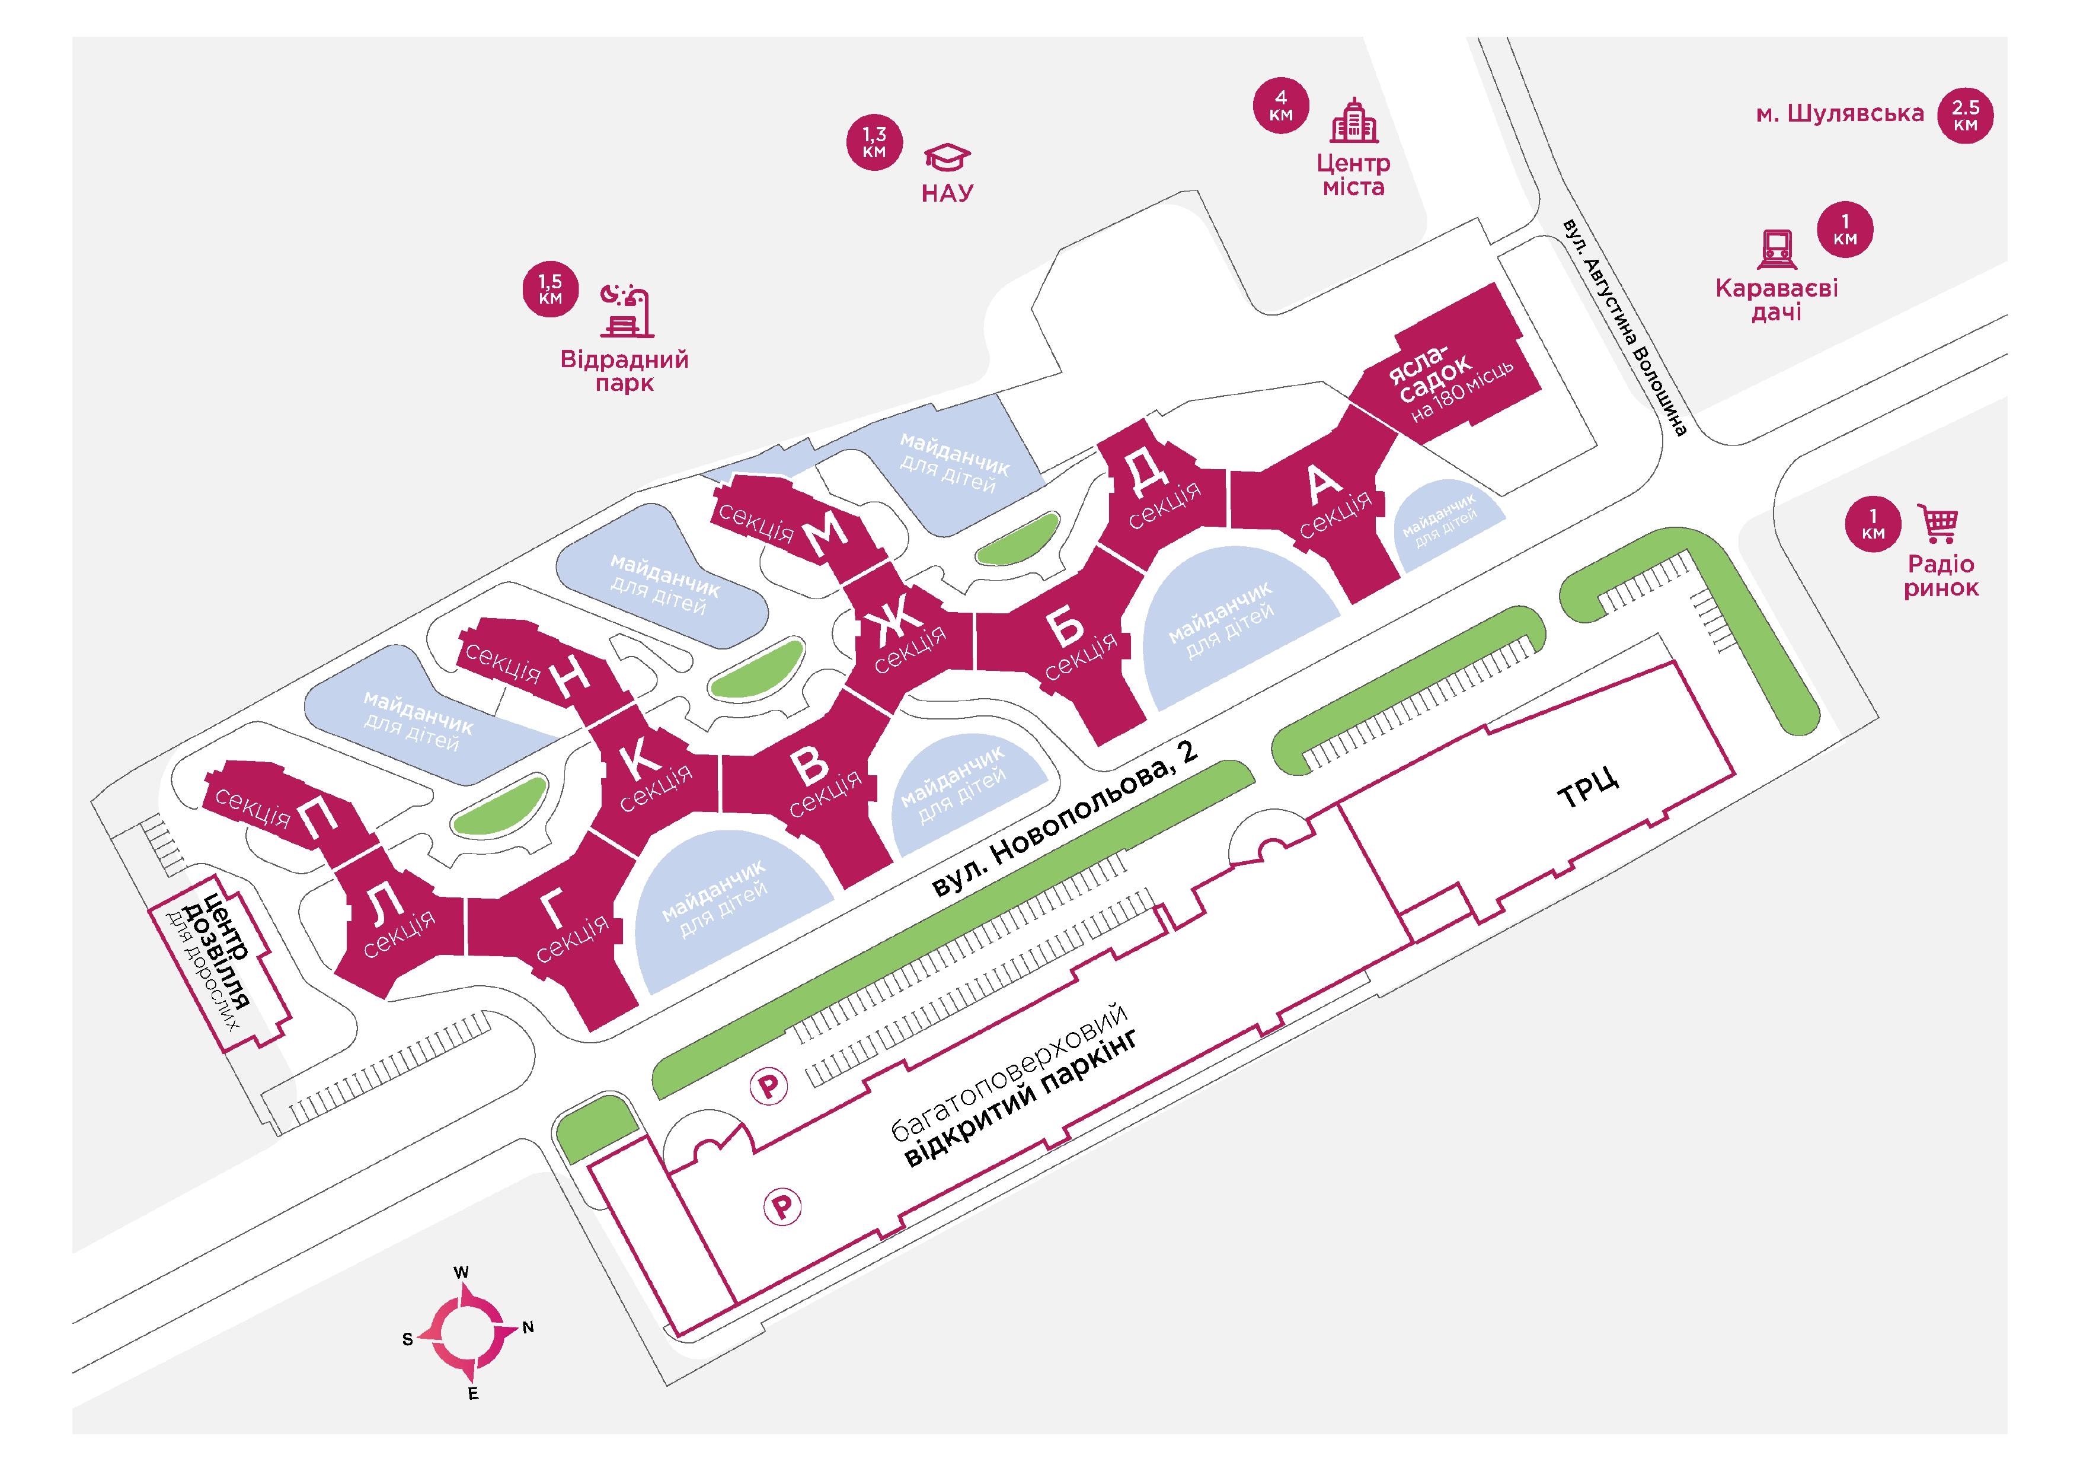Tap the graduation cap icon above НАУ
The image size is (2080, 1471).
pos(947,158)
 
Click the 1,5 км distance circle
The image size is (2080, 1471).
pos(550,289)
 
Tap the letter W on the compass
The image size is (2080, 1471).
pos(461,1272)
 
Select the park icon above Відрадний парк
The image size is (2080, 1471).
pos(626,311)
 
